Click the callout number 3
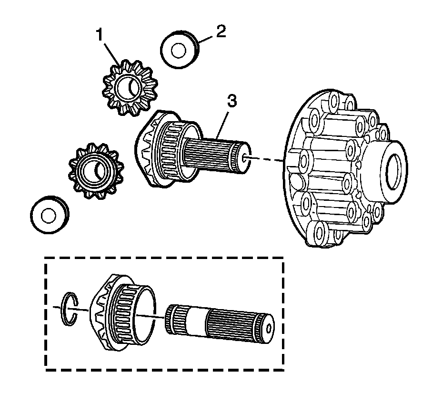(231, 101)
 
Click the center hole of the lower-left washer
(48, 215)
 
